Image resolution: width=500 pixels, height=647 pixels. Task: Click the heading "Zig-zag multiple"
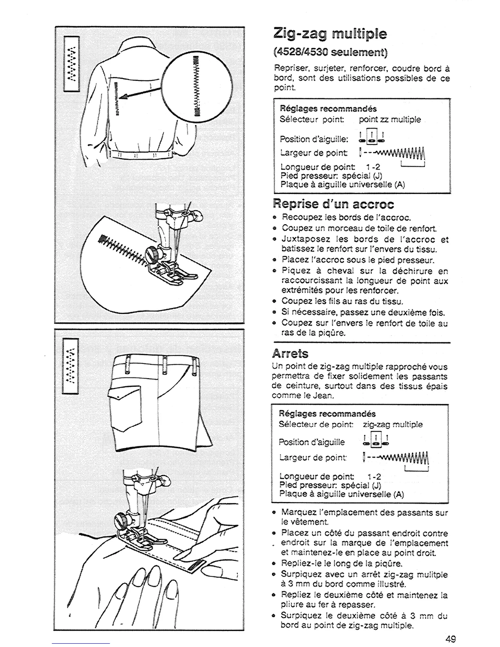pos(329,33)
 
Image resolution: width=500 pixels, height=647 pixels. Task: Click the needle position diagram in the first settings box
pos(375,136)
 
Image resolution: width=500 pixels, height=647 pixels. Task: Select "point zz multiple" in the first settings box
pos(390,120)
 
